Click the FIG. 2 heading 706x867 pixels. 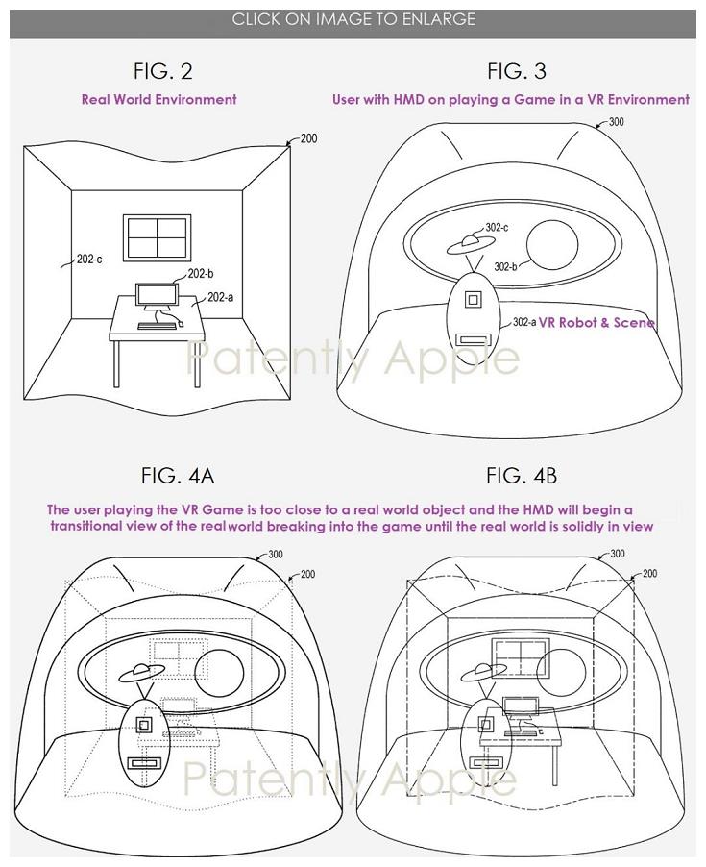162,70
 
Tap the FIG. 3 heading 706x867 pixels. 516,70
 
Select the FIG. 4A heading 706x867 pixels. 177,476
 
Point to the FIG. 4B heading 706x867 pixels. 522,476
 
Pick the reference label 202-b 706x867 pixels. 201,274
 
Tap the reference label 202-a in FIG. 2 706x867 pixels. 220,297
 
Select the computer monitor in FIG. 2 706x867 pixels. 155,297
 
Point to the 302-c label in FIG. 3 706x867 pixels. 497,228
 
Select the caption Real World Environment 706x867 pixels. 158,99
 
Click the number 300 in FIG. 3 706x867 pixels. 616,122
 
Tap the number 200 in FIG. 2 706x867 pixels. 308,138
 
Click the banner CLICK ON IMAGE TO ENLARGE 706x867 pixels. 353,19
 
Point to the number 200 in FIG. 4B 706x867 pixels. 649,574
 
